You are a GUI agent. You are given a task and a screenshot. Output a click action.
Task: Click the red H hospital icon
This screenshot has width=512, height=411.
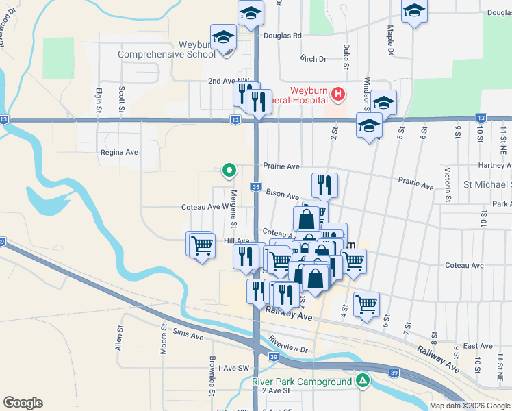pyautogui.click(x=337, y=94)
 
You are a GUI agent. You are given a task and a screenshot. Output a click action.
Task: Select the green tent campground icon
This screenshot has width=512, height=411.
pyautogui.click(x=363, y=381)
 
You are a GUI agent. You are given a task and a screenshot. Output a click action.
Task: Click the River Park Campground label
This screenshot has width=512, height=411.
pyautogui.click(x=302, y=382)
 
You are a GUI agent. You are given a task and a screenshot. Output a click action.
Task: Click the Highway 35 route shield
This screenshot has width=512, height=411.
pyautogui.click(x=255, y=187)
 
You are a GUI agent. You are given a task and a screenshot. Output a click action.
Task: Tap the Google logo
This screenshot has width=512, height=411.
pyautogui.click(x=23, y=403)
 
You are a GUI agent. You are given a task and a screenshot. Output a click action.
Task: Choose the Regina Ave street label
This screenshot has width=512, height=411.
pyautogui.click(x=119, y=153)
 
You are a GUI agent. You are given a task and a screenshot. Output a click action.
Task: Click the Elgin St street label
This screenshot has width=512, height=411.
pyautogui.click(x=99, y=99)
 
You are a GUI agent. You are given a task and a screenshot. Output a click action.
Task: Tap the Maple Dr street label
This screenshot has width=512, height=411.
pyautogui.click(x=390, y=40)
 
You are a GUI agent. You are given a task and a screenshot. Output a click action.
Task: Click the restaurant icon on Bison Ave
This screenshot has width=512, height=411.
pyautogui.click(x=324, y=184)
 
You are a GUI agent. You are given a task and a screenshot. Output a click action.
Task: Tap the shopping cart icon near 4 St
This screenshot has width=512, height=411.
pyautogui.click(x=367, y=303)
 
